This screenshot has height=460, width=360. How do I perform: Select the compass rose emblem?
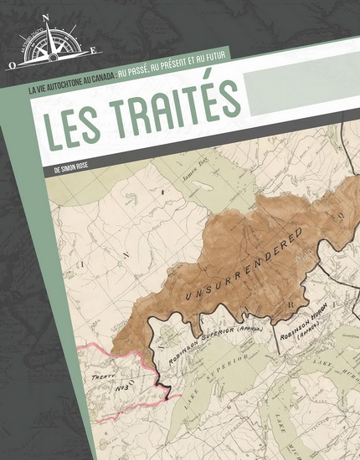pos(52,46)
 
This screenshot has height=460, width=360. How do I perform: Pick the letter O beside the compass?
pos(13,62)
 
